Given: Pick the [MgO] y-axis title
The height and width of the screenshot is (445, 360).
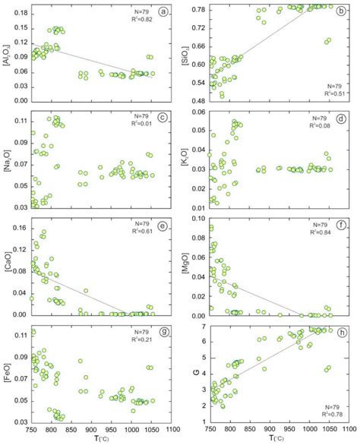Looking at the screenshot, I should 186,270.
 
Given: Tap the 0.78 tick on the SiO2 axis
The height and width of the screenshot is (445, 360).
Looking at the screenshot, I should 198,10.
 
